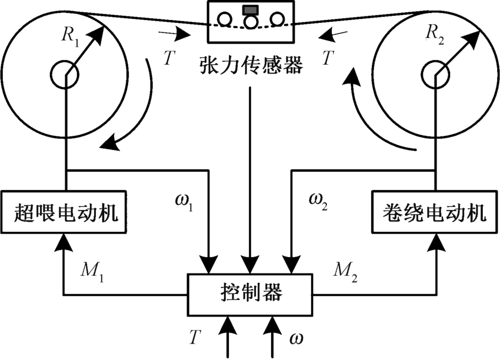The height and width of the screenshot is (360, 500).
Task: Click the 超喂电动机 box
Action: [x=65, y=211]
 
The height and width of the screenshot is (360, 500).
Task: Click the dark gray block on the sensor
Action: [x=249, y=9]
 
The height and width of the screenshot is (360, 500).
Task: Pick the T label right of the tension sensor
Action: [x=330, y=58]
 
